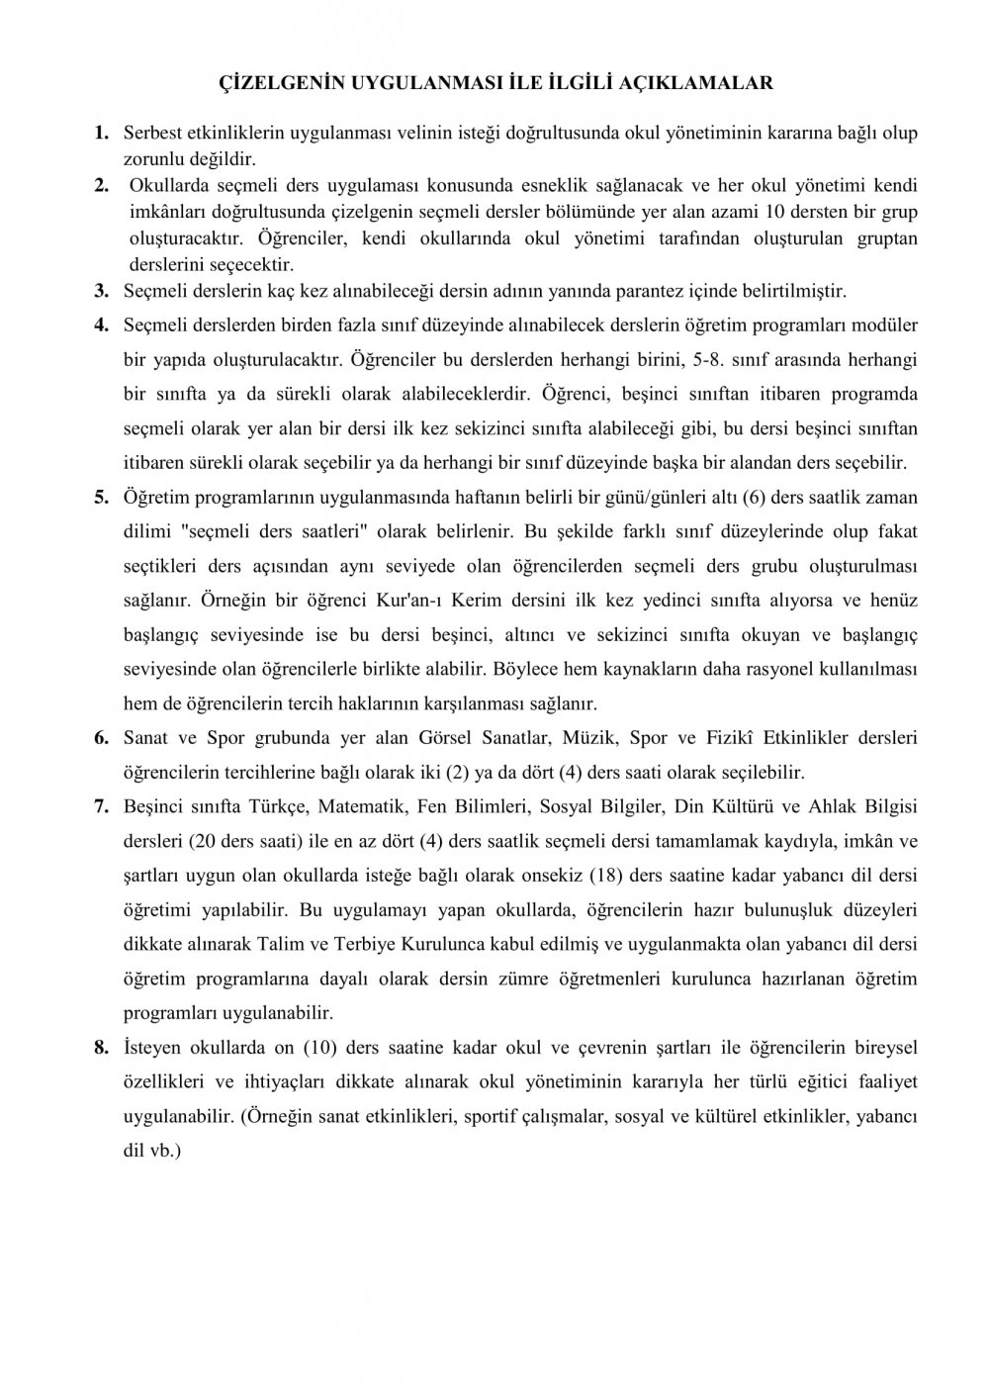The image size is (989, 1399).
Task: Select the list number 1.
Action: (x=100, y=132)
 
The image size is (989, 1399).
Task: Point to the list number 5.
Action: (x=101, y=497)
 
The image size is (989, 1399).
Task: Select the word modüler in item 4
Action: (x=883, y=326)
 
